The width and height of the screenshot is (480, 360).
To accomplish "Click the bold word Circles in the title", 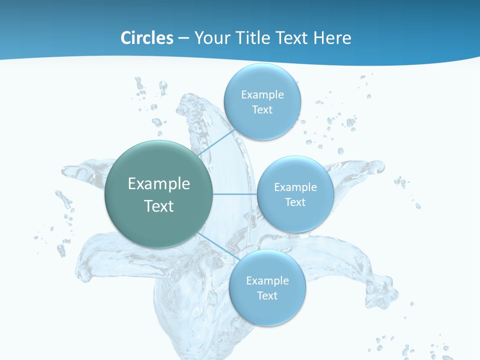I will coord(146,38).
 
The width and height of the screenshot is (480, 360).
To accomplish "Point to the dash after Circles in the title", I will coord(183,38).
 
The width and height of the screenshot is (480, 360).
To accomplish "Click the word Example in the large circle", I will coord(159,184).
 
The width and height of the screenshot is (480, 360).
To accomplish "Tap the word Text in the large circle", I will coord(159,206).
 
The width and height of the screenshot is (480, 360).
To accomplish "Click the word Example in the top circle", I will coord(262,94).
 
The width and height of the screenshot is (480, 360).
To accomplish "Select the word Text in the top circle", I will coord(262,110).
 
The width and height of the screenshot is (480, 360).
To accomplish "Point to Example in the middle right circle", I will coord(295,187).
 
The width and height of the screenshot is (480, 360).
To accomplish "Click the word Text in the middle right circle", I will coord(295,202).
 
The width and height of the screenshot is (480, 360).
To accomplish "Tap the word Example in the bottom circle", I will coord(267,280).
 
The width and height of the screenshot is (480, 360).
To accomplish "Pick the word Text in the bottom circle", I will coord(267,296).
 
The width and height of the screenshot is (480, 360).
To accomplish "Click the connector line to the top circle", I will coord(216,142).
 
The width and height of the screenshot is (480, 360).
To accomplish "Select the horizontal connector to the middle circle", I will coord(234,194).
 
